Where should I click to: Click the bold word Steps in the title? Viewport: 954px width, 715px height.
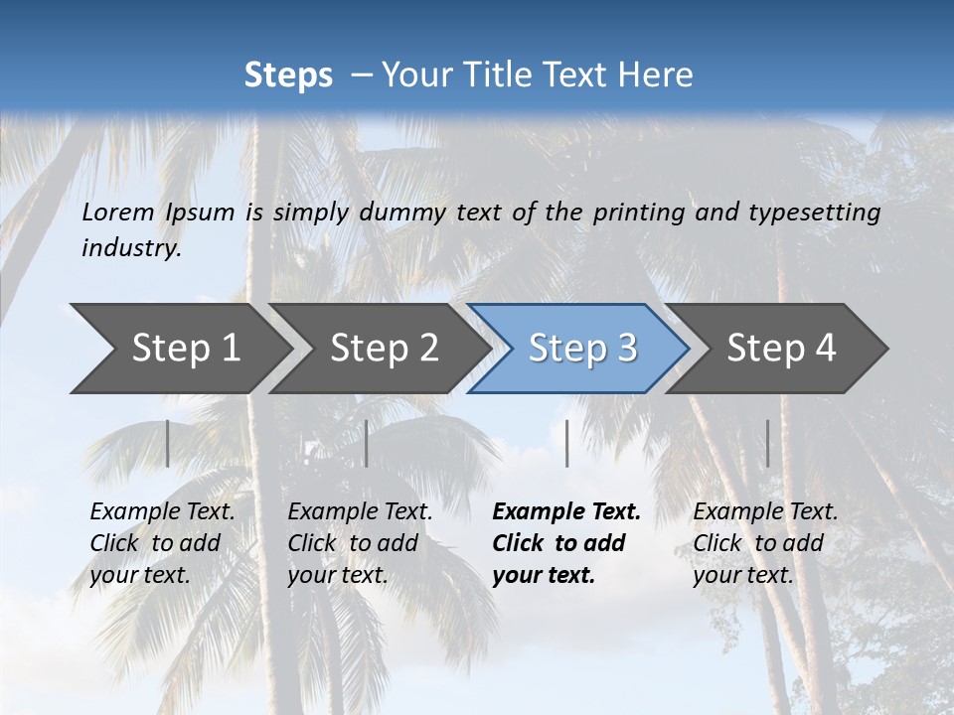(x=288, y=75)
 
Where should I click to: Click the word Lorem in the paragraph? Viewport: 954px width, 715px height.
(x=118, y=212)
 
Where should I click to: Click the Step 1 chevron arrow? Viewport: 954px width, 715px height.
(x=179, y=349)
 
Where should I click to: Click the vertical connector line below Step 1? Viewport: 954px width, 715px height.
(x=167, y=443)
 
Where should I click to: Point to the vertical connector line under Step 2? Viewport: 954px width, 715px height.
(x=367, y=443)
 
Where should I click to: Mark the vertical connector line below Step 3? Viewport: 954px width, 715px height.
(x=566, y=443)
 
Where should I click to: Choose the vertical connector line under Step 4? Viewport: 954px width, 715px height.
(x=767, y=443)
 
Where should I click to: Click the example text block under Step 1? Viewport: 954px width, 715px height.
(x=162, y=543)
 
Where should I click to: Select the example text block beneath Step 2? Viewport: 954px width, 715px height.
(x=360, y=543)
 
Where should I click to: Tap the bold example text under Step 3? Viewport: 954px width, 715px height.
(x=566, y=543)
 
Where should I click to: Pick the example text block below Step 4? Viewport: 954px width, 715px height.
(x=765, y=543)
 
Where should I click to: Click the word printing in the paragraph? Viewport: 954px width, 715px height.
(x=637, y=212)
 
